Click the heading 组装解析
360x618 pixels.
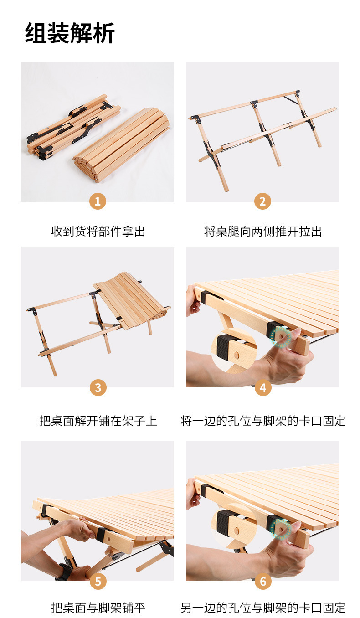[x=70, y=33]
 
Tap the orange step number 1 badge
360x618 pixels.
[x=98, y=201]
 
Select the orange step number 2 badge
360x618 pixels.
[x=262, y=201]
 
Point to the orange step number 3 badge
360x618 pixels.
[x=98, y=387]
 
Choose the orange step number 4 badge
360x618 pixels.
[x=263, y=387]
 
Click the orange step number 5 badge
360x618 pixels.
[x=98, y=581]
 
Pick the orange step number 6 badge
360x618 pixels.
[x=263, y=581]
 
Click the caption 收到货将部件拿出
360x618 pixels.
[x=98, y=231]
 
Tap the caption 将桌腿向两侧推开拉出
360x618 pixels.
[x=263, y=231]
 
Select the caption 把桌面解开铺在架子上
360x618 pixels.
[x=98, y=421]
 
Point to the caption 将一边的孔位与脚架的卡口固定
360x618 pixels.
[x=263, y=421]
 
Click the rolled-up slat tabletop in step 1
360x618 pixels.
[x=121, y=145]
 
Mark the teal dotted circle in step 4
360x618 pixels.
[x=281, y=337]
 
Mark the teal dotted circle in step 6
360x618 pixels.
[x=281, y=529]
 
